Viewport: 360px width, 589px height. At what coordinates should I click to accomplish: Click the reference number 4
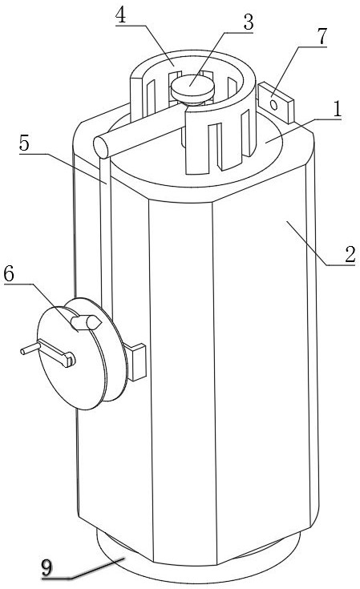pyautogui.click(x=120, y=15)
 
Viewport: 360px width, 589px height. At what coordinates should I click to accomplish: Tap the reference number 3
pyautogui.click(x=248, y=22)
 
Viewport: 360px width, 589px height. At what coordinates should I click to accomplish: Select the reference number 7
pyautogui.click(x=322, y=36)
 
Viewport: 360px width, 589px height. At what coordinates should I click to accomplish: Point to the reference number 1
pyautogui.click(x=337, y=109)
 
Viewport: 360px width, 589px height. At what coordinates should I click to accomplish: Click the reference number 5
pyautogui.click(x=24, y=143)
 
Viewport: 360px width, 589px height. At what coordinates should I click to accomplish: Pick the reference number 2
pyautogui.click(x=350, y=255)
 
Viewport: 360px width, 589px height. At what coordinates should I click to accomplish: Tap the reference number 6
pyautogui.click(x=9, y=274)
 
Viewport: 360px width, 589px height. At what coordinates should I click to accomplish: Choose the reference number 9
pyautogui.click(x=47, y=567)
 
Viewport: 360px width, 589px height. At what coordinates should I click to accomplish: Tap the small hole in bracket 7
pyautogui.click(x=274, y=104)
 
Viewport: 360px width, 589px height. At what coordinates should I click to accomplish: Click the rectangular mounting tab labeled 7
pyautogui.click(x=276, y=103)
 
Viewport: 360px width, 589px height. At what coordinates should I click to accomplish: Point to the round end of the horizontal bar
pyautogui.click(x=101, y=147)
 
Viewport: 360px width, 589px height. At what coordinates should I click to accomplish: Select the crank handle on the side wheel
pyautogui.click(x=48, y=353)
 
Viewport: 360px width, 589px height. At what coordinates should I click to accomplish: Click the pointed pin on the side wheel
pyautogui.click(x=86, y=322)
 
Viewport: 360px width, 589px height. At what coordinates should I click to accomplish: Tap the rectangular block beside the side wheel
pyautogui.click(x=135, y=361)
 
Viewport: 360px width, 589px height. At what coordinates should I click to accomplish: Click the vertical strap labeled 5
pyautogui.click(x=106, y=233)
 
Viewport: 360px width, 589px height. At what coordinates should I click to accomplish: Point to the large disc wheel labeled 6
pyautogui.click(x=81, y=353)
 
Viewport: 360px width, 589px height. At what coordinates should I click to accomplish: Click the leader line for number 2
pyautogui.click(x=306, y=243)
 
